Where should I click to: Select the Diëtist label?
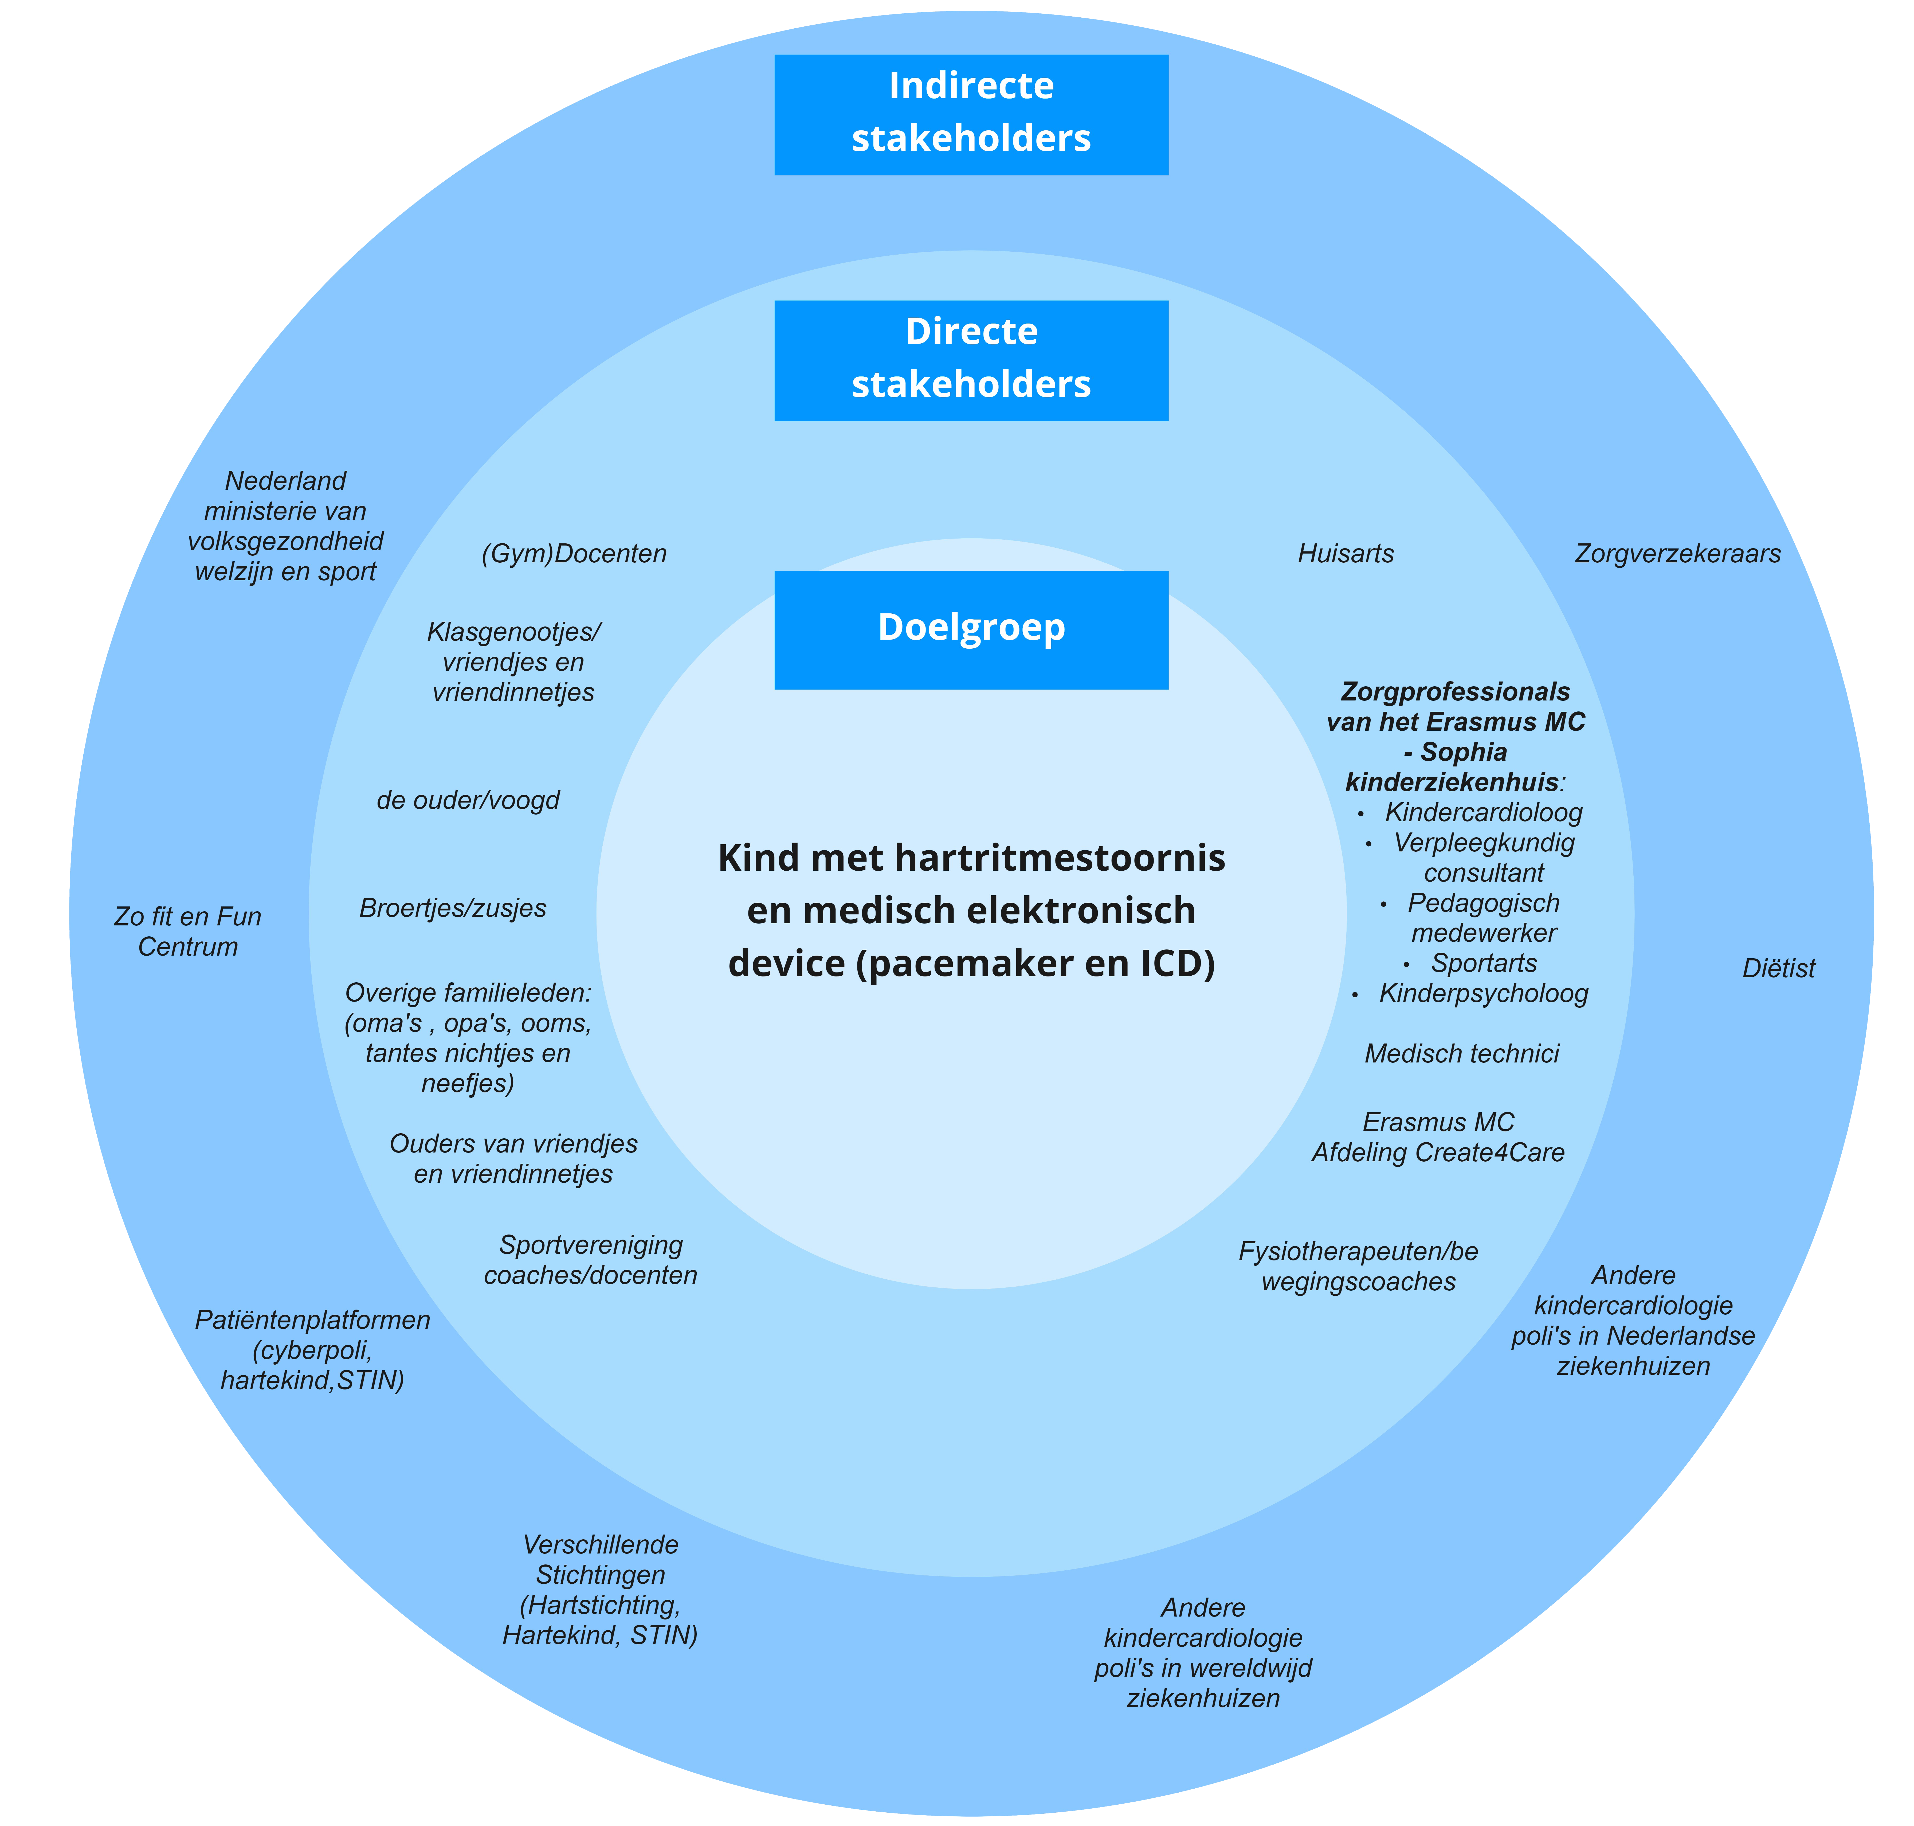click(x=1778, y=968)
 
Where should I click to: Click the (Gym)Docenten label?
click(x=574, y=554)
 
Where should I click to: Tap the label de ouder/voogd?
click(x=468, y=800)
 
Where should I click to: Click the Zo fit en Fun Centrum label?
click(x=188, y=932)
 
